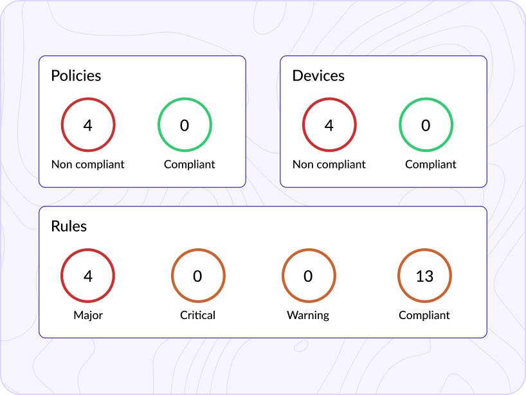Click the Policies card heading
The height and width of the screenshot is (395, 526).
click(76, 75)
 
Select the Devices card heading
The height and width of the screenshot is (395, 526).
click(318, 75)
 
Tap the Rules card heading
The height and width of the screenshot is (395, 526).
click(69, 226)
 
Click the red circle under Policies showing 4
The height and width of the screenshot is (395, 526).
click(88, 125)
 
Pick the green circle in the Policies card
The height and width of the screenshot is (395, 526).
click(185, 125)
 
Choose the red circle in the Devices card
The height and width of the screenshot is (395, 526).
click(329, 125)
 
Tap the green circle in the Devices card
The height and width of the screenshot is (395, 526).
click(426, 125)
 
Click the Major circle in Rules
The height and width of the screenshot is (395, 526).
click(88, 276)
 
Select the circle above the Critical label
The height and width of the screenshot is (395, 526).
click(198, 276)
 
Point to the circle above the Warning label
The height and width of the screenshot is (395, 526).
click(309, 276)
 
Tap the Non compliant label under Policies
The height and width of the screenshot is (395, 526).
click(88, 164)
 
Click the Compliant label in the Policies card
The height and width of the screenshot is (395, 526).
click(190, 164)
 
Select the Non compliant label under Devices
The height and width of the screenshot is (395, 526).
click(329, 164)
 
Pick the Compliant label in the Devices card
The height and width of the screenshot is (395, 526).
click(431, 164)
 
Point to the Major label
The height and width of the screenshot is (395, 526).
click(88, 315)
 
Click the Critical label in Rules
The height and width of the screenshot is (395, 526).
click(198, 315)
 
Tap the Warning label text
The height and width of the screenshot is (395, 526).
click(308, 315)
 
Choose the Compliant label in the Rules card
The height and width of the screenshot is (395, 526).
click(424, 315)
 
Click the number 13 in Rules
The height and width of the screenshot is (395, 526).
click(424, 277)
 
